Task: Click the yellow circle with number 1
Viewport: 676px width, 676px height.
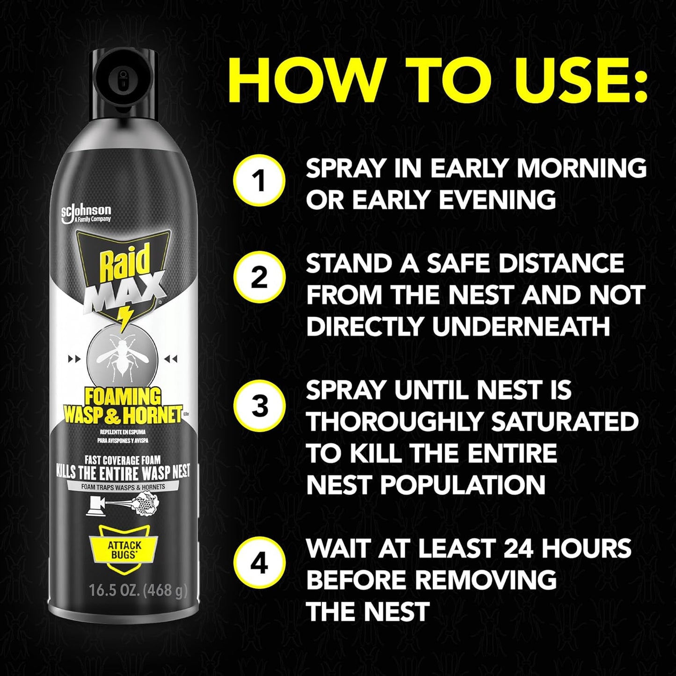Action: [260, 180]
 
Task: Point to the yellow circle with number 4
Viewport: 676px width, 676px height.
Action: [260, 564]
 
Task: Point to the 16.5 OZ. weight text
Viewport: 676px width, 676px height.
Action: [138, 590]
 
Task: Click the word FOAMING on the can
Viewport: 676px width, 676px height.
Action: [123, 397]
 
